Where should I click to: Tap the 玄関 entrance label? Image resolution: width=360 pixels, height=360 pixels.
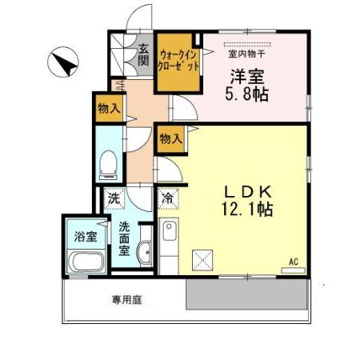143,55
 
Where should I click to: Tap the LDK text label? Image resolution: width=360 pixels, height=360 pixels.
248,192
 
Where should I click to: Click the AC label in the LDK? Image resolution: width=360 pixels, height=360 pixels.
293,262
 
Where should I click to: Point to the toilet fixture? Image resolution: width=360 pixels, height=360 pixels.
108,166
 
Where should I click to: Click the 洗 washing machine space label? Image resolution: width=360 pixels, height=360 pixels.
114,198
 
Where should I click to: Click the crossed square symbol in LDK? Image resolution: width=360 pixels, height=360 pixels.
202,259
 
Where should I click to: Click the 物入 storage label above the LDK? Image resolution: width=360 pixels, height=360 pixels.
170,138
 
